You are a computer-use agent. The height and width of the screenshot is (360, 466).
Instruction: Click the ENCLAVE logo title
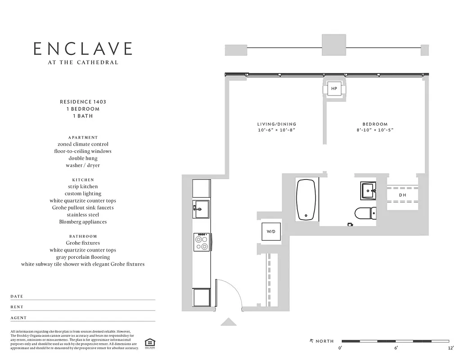pos(83,49)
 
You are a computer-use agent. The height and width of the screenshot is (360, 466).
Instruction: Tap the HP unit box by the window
pos(334,89)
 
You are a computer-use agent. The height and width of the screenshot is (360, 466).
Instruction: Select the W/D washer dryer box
pos(271,232)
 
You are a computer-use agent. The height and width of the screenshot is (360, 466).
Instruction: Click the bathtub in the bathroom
pos(307,200)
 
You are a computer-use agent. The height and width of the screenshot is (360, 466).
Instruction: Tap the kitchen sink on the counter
pos(201,209)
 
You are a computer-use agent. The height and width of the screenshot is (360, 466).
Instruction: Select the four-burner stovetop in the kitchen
pos(201,243)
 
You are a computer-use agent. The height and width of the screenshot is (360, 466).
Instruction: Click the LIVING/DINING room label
pos(277,124)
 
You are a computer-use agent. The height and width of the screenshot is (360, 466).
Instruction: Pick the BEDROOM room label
pos(375,124)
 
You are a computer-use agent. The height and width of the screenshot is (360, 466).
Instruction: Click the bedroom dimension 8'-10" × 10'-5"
pos(375,130)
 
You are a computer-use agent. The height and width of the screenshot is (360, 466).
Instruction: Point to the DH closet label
pos(403,195)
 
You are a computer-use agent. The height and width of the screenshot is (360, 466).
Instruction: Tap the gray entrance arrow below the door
pos(228,322)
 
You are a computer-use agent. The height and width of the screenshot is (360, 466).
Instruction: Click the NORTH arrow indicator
pos(311,341)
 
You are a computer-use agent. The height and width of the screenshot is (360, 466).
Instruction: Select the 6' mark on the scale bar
pos(396,347)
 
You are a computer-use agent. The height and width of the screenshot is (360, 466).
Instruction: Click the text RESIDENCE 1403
pos(83,102)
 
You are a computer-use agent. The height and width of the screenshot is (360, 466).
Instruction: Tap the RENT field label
pos(17,307)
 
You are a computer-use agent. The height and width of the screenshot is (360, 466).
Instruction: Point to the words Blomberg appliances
pos(83,222)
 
